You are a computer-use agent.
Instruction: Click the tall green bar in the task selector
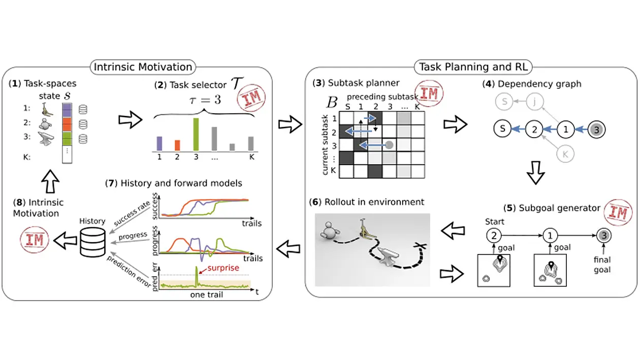[196, 134]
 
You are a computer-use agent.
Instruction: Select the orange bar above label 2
[177, 145]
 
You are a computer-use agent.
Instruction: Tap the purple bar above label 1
[159, 143]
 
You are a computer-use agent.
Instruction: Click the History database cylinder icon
[92, 243]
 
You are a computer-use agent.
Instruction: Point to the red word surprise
[223, 268]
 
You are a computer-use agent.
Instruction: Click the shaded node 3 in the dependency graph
[596, 129]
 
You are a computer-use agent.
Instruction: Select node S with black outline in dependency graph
[502, 129]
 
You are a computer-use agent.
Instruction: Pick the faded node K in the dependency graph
[565, 154]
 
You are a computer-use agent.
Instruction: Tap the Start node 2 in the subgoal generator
[494, 236]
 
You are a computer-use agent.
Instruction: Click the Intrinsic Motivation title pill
[143, 67]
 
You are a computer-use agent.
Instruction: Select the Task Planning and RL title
[473, 67]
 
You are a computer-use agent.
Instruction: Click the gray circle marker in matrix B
[390, 145]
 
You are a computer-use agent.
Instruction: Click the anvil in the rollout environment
[388, 256]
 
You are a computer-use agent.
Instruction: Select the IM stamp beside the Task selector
[251, 97]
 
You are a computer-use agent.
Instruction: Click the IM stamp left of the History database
[35, 240]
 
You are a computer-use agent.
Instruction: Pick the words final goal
[602, 265]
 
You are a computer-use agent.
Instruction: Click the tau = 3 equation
[205, 100]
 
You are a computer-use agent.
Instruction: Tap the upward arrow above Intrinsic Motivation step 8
[50, 181]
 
